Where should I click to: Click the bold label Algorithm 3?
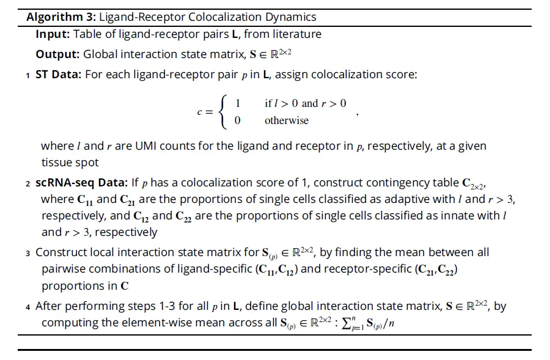pyautogui.click(x=61, y=17)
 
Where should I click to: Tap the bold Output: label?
pyautogui.click(x=57, y=54)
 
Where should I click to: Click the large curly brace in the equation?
pyautogui.click(x=225, y=111)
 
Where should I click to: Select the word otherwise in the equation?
pyautogui.click(x=287, y=120)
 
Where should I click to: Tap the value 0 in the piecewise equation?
pyautogui.click(x=238, y=120)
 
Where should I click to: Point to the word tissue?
pyautogui.click(x=57, y=163)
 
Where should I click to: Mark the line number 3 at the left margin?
pyautogui.click(x=28, y=253)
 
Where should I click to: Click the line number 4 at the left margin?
pyautogui.click(x=28, y=307)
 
